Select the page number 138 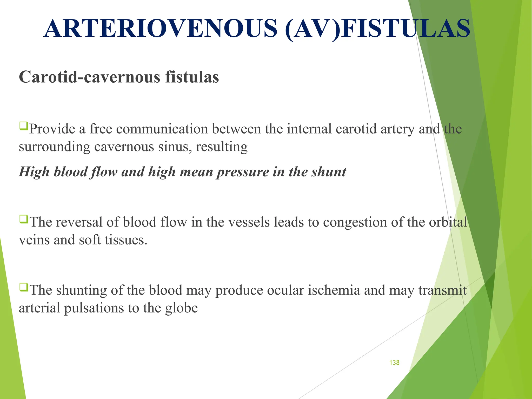pyautogui.click(x=394, y=363)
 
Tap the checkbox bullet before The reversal pyautogui.click(x=23, y=219)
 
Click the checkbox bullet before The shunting pyautogui.click(x=23, y=287)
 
